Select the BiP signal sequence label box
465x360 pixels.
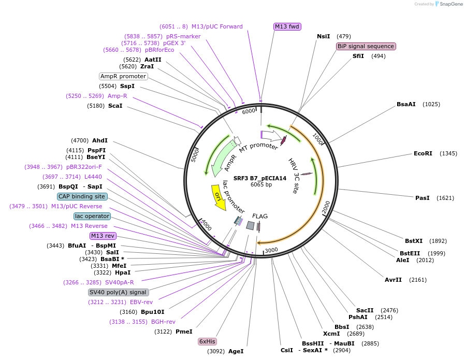366,46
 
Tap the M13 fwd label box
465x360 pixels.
287,26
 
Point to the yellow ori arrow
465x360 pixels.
219,197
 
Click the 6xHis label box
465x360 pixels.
207,341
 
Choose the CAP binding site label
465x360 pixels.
82,196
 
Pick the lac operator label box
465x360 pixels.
92,216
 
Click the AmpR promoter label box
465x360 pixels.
123,76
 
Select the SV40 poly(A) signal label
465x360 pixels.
119,292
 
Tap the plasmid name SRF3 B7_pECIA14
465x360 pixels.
259,178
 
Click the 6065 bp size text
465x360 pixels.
261,185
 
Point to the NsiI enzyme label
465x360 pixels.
323,36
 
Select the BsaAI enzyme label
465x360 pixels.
406,104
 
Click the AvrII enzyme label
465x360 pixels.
393,280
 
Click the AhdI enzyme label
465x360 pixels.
100,140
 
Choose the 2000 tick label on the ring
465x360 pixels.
326,207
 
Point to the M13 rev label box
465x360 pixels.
103,236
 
